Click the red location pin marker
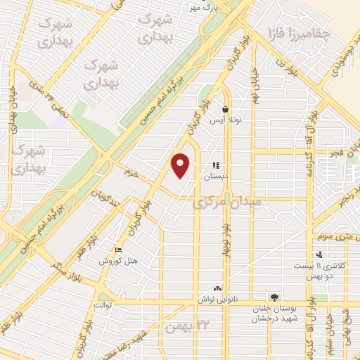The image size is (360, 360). coord(181,165)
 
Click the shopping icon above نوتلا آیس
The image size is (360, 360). coord(225,110)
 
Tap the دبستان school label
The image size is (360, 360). coord(217,176)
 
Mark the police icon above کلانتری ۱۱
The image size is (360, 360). coord(319,255)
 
